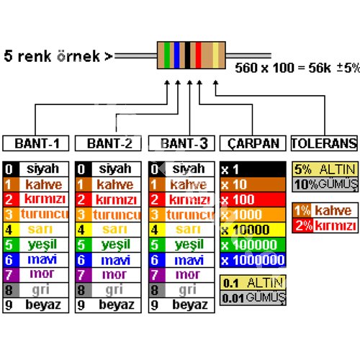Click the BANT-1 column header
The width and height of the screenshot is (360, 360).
(x=36, y=143)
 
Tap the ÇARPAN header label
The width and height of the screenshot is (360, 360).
(x=253, y=143)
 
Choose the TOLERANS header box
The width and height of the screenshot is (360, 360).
(x=324, y=143)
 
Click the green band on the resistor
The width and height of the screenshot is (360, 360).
(x=168, y=55)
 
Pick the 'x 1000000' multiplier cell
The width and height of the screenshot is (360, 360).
(x=253, y=260)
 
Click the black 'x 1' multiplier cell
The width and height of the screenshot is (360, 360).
(x=253, y=169)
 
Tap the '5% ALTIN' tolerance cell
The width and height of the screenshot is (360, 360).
(x=324, y=169)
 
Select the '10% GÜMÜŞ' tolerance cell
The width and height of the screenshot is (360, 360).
(x=324, y=184)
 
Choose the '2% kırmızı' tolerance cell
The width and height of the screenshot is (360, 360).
(x=324, y=225)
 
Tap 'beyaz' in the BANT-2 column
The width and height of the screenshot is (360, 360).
(x=114, y=305)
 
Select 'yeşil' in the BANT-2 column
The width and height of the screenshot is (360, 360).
(x=114, y=245)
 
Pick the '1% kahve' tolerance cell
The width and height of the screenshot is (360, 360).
(x=324, y=210)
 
